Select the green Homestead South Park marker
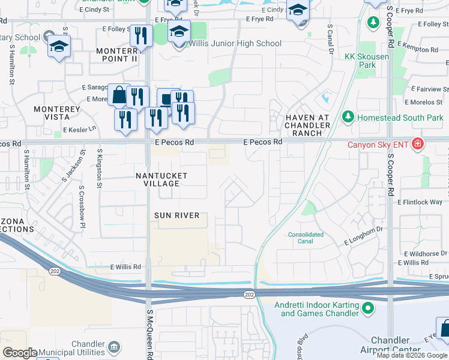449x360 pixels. click(347, 117)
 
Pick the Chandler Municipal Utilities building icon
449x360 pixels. click(113, 347)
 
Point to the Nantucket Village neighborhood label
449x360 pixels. click(161, 179)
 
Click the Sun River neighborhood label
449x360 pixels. click(176, 215)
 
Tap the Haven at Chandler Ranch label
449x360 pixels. click(307, 125)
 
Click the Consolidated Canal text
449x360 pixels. click(306, 238)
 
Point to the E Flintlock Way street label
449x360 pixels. click(420, 203)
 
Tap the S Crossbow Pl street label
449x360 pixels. click(81, 201)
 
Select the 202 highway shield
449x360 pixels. click(249, 294)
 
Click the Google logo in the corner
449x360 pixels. click(20, 353)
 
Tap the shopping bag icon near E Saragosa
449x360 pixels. click(119, 95)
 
